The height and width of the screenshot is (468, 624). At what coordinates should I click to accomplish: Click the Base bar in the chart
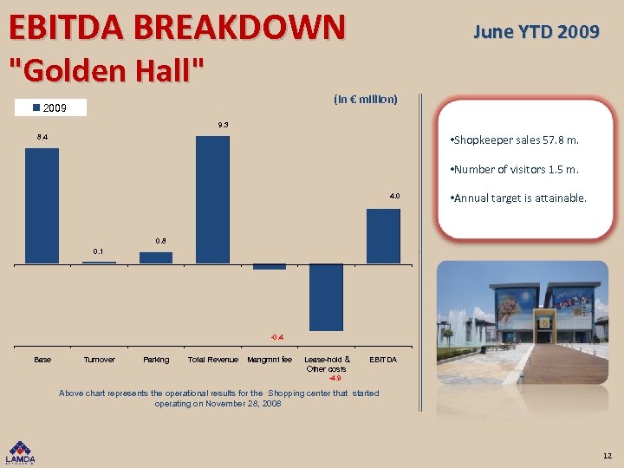tap(42, 205)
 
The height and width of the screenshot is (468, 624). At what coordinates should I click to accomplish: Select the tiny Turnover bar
tap(99, 262)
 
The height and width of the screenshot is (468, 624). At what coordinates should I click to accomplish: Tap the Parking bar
tap(156, 257)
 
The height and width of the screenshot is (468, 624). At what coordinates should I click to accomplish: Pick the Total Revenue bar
tap(212, 199)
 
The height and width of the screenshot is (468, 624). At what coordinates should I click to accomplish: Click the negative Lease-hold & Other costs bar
tap(327, 297)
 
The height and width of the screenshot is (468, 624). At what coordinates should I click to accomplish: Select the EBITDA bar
tap(383, 236)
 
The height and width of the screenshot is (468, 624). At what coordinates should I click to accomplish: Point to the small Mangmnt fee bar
tap(270, 267)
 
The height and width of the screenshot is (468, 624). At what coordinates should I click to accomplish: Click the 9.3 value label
tap(223, 126)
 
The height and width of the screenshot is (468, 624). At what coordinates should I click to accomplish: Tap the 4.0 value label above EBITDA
tap(394, 197)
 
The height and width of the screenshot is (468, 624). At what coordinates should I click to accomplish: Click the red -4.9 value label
tap(335, 378)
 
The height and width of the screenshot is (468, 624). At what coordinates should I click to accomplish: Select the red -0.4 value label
tap(276, 336)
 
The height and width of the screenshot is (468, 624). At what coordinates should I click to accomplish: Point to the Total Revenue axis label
tap(213, 360)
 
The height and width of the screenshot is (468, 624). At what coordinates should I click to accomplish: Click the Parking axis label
tap(156, 360)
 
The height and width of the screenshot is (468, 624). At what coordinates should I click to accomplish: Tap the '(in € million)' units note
tap(365, 99)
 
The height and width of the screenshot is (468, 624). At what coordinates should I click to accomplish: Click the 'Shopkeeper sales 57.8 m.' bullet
tap(515, 140)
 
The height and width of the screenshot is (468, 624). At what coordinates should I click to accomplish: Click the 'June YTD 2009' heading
tap(536, 32)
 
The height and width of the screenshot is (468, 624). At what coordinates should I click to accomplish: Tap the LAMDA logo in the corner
tap(22, 452)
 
